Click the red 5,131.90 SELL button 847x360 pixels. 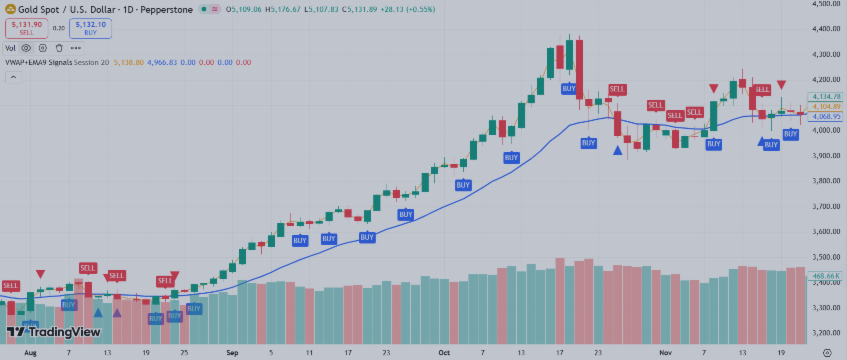point(26,29)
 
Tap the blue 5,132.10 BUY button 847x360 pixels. point(90,29)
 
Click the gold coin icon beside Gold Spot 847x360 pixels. point(10,8)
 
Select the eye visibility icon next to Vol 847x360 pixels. point(27,47)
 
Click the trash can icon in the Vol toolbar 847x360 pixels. point(59,47)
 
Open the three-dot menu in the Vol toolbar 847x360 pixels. point(76,47)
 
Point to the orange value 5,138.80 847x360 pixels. point(131,62)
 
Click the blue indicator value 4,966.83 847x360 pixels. point(164,62)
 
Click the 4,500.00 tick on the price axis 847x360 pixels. point(826,4)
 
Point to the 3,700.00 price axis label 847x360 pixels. point(826,207)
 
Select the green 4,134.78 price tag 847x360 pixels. point(828,96)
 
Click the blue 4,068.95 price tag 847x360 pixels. point(828,116)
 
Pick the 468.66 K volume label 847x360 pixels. point(826,275)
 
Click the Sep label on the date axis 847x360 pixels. point(233,352)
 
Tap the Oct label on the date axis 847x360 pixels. point(444,352)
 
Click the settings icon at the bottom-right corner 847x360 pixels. point(826,352)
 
